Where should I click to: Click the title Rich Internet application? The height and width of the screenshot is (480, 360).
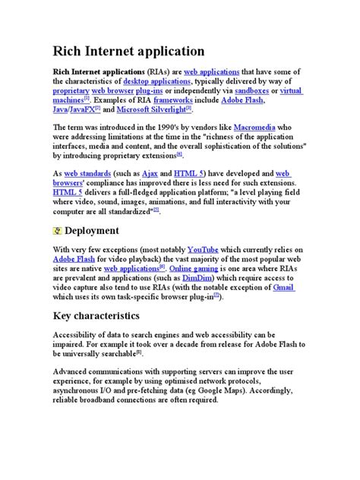coord(128,52)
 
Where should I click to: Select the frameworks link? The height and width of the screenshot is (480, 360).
coord(173,100)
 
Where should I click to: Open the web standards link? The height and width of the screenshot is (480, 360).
coord(89,173)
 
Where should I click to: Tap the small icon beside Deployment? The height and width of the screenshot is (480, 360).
coord(58,230)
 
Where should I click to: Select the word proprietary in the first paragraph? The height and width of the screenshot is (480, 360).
coord(71,90)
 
